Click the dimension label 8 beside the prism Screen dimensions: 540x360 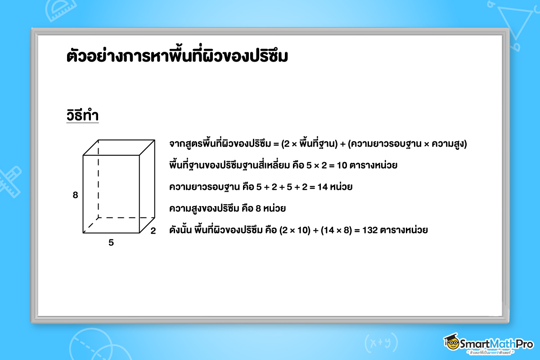[75, 195]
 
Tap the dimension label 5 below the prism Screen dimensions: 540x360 [111, 243]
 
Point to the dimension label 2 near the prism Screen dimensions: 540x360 [153, 231]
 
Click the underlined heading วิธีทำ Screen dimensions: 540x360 [82, 115]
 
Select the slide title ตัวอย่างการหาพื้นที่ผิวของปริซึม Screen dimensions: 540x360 [177, 55]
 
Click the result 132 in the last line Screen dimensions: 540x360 [370, 230]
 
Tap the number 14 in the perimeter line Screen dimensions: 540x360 [323, 187]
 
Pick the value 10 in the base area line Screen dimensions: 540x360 [342, 166]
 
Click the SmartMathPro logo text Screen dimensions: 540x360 [496, 344]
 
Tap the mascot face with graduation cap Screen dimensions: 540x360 [451, 342]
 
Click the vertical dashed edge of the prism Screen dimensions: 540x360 [99, 179]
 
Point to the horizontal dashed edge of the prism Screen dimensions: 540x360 [126, 218]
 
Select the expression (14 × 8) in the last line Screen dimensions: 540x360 [336, 230]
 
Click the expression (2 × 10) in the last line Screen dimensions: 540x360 [295, 230]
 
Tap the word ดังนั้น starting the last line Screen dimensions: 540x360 [180, 229]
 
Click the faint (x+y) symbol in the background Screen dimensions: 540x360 [381, 342]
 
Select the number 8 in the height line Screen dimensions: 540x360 [258, 208]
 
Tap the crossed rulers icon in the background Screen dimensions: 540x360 [9, 182]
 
